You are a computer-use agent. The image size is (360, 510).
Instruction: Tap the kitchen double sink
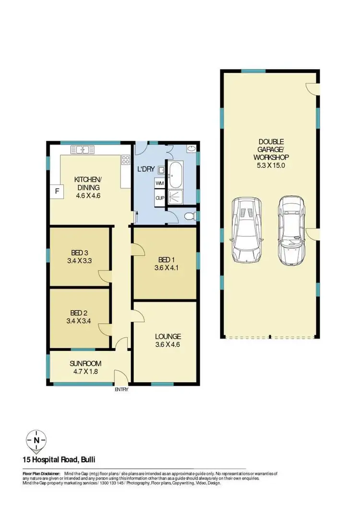pyautogui.click(x=82, y=149)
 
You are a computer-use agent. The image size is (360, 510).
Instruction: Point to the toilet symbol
pyautogui.click(x=192, y=216)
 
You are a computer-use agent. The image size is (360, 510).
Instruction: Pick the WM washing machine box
pyautogui.click(x=159, y=183)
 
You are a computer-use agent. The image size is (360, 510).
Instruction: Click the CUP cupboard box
pyautogui.click(x=159, y=197)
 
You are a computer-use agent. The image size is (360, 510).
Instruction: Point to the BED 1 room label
pyautogui.click(x=164, y=260)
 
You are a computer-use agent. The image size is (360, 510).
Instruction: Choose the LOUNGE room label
pyautogui.click(x=168, y=336)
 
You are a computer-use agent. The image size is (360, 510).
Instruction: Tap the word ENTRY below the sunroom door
pyautogui.click(x=121, y=389)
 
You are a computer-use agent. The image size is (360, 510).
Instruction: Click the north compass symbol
pyautogui.click(x=37, y=439)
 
